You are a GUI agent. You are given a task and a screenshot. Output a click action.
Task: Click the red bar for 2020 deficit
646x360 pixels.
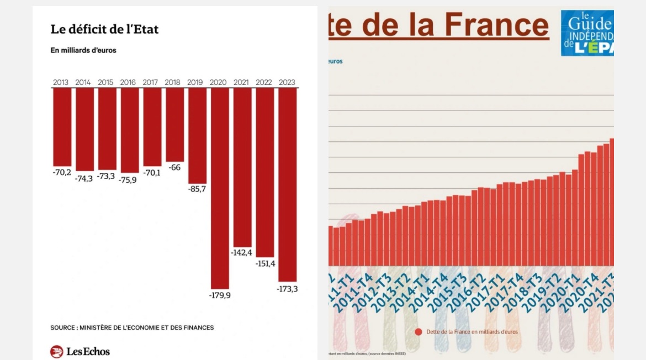[x=220, y=188]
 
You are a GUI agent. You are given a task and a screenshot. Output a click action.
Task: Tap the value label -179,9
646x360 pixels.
[x=220, y=295]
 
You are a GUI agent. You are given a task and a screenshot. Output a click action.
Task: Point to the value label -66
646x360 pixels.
[x=175, y=167]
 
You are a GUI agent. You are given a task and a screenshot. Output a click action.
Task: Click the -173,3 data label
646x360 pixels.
[x=288, y=289]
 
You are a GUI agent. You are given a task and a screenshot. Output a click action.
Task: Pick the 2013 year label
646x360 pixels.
[x=61, y=83]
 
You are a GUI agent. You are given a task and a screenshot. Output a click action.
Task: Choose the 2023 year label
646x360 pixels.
[x=287, y=83]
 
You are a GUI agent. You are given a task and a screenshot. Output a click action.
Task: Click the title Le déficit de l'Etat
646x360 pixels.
[x=104, y=29]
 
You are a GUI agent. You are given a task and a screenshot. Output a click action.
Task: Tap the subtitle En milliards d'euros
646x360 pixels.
[x=83, y=50]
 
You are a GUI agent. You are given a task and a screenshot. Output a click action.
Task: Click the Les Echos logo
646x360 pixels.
[x=80, y=351]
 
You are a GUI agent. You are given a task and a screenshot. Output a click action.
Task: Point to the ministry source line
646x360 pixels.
[x=132, y=327]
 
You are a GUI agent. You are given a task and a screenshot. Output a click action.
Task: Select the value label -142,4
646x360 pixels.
[x=242, y=253]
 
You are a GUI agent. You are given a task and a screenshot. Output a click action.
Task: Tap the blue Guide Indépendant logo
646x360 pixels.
[x=587, y=33]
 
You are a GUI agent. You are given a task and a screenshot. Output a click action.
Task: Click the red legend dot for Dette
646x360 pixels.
[x=419, y=332]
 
